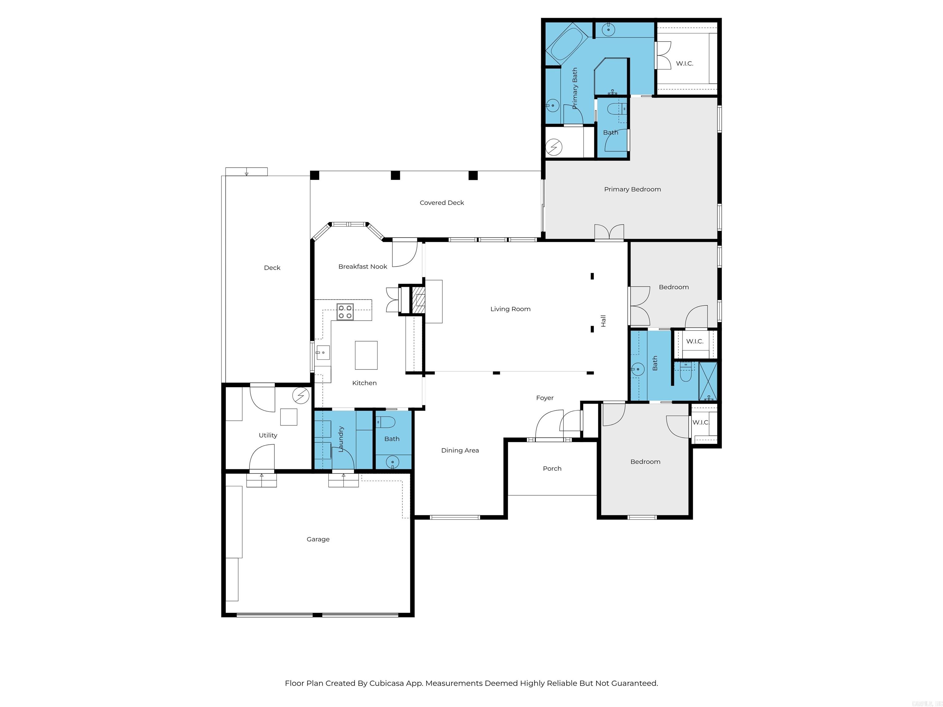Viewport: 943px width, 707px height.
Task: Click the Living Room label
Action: (x=510, y=309)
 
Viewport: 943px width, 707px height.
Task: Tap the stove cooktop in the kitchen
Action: (x=345, y=311)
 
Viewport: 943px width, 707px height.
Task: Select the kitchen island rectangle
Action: (x=366, y=355)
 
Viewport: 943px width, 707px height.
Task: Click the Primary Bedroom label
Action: (x=632, y=189)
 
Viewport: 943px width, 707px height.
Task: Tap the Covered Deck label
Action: (x=442, y=203)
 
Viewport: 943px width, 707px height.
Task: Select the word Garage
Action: (x=318, y=539)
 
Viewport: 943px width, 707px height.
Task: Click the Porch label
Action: (x=552, y=468)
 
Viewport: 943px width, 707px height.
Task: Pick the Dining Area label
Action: (x=460, y=450)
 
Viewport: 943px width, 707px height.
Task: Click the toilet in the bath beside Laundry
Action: (x=386, y=422)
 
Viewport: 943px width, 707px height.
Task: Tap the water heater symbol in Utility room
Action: (x=301, y=396)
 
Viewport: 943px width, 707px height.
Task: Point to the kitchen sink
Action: (x=322, y=353)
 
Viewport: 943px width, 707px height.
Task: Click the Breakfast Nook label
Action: (x=363, y=267)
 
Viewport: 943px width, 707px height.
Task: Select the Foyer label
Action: (x=545, y=398)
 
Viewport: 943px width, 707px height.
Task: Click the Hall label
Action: (x=603, y=321)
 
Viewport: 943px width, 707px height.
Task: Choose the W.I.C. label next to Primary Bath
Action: (x=685, y=64)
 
